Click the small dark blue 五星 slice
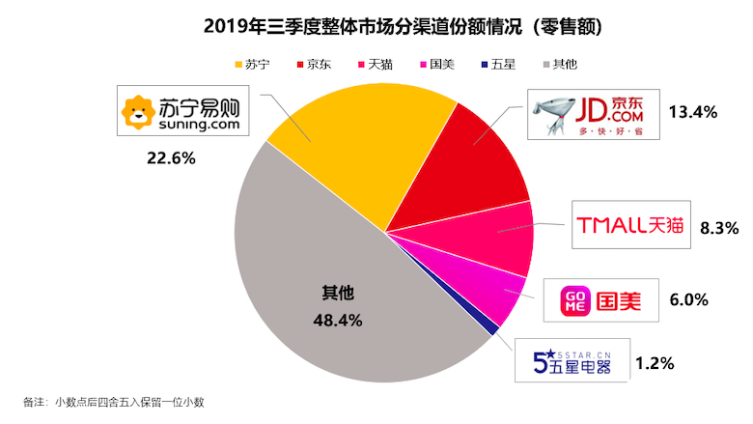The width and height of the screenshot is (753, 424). (x=494, y=330)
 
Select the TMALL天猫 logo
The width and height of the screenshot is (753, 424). (x=628, y=226)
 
